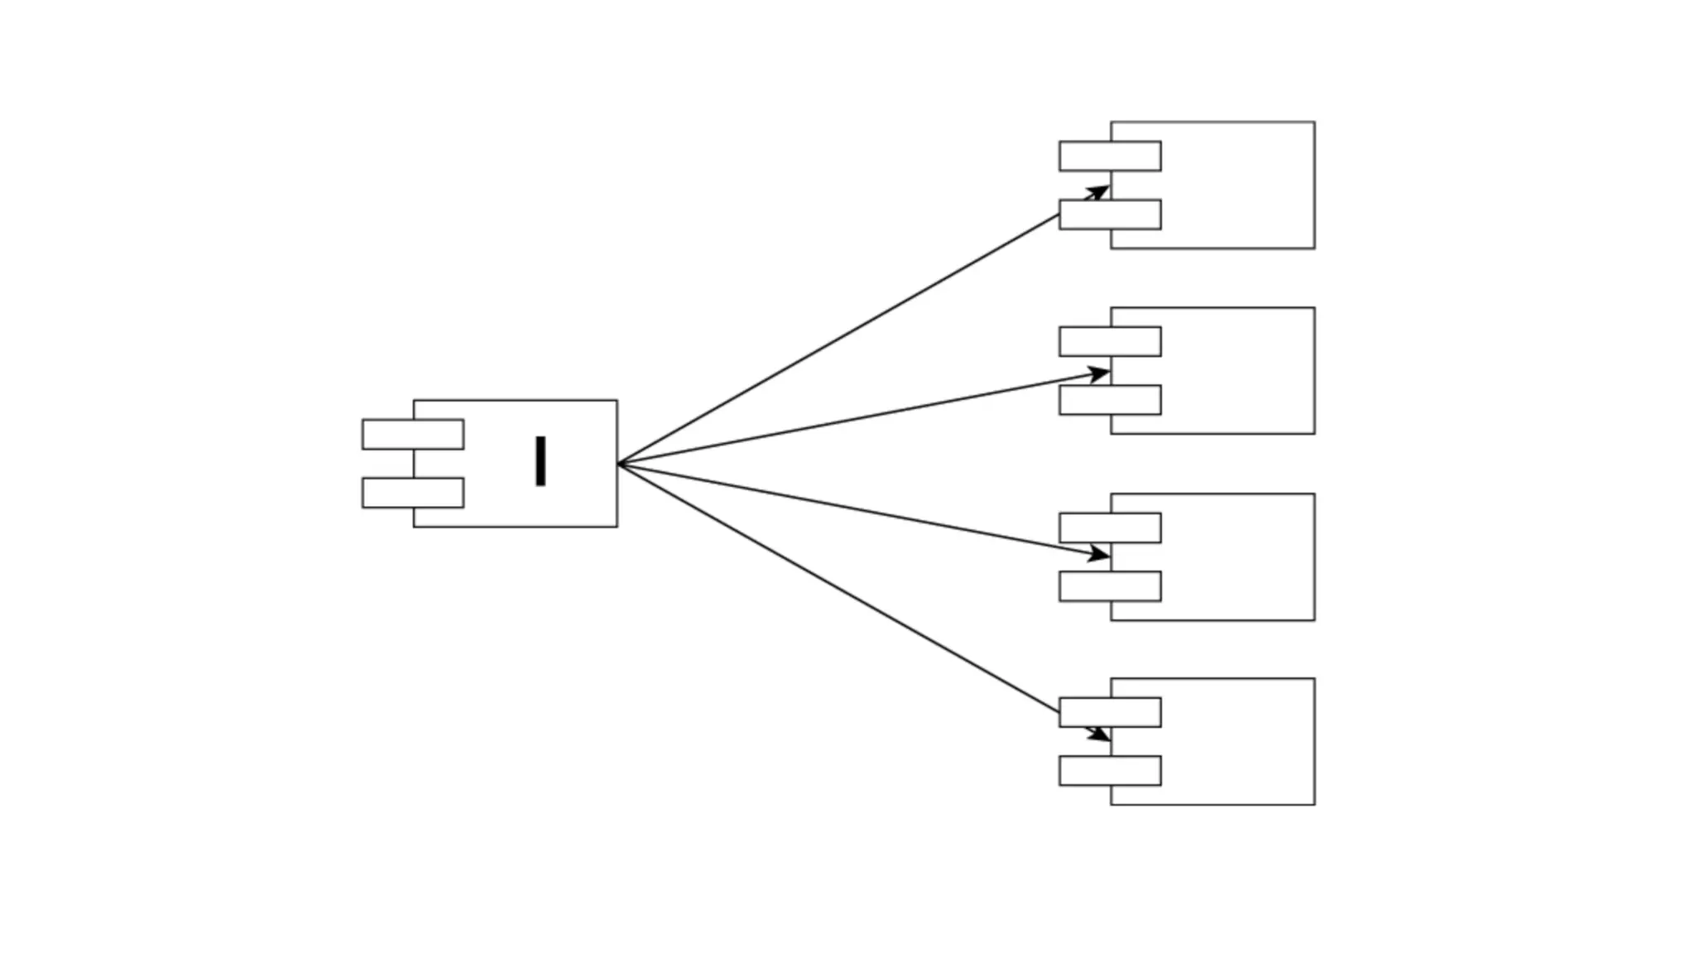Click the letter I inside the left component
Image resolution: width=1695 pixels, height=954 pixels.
[x=540, y=461]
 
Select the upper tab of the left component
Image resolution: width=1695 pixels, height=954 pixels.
[x=413, y=435]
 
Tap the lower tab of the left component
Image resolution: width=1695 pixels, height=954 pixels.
[x=413, y=493]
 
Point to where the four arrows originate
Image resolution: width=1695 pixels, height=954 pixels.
[x=619, y=464]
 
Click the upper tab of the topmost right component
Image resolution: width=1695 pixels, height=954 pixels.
[x=1110, y=157]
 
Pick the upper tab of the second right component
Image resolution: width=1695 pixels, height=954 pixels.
[x=1110, y=342]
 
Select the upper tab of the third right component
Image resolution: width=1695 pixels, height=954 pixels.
[x=1110, y=528]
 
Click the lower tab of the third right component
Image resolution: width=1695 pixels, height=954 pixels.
[x=1110, y=586]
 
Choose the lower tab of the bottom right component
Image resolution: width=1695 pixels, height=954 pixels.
[x=1110, y=771]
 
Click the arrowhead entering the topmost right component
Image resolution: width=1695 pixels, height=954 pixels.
[x=1098, y=193]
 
